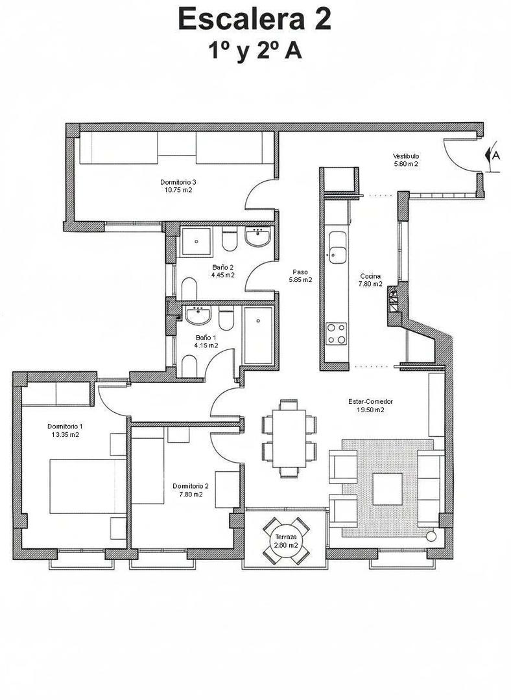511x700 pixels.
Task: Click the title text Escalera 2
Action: (x=255, y=19)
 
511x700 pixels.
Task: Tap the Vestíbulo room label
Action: (x=406, y=160)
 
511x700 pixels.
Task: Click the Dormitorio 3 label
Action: (x=178, y=186)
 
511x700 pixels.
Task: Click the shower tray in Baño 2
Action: (x=196, y=242)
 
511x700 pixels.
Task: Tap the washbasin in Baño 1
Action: (x=197, y=316)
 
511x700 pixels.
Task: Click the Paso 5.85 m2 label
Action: (x=300, y=276)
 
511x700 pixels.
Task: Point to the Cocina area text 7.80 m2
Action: (x=371, y=284)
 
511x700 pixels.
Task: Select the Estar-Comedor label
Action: (x=370, y=405)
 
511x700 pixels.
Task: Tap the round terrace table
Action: (x=286, y=541)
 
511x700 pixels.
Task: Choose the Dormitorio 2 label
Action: (x=191, y=490)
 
